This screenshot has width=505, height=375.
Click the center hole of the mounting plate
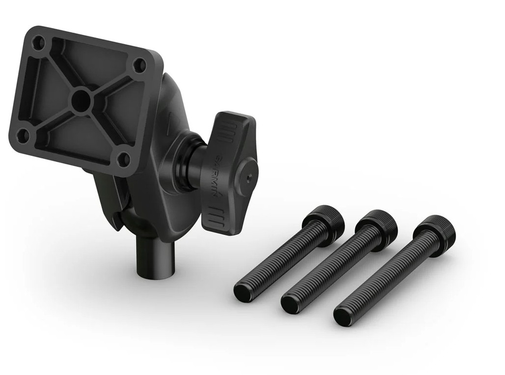tap(80, 101)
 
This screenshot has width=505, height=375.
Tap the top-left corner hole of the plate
tap(37, 43)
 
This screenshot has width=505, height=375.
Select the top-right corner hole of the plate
tap(140, 65)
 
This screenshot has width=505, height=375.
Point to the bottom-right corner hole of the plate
tap(124, 159)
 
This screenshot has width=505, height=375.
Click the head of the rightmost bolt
tap(434, 231)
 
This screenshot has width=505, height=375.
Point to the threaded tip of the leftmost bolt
tap(242, 293)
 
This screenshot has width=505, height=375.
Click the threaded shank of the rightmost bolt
tap(388, 275)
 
